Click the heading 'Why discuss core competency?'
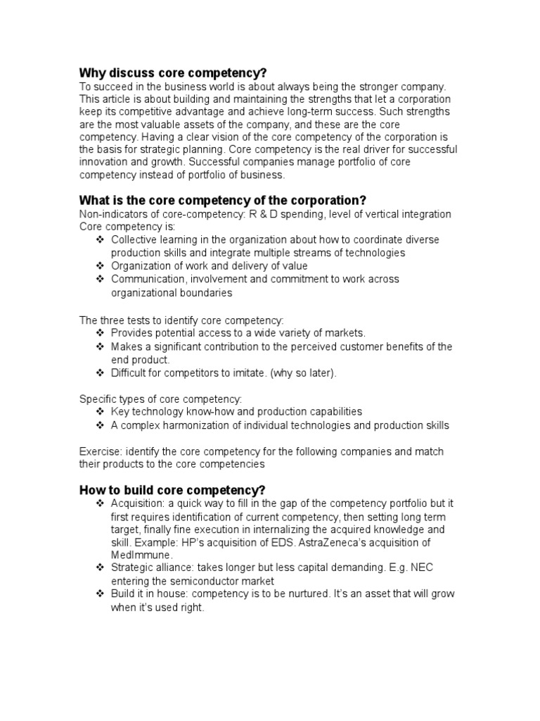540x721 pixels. (x=173, y=73)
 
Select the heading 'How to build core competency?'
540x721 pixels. (x=172, y=490)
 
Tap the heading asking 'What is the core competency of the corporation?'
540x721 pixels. (x=223, y=200)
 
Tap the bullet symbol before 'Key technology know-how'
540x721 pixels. (x=99, y=411)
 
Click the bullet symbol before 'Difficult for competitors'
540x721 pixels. (x=99, y=373)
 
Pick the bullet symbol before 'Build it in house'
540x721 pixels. (x=99, y=594)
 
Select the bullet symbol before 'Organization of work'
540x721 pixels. (x=99, y=265)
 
